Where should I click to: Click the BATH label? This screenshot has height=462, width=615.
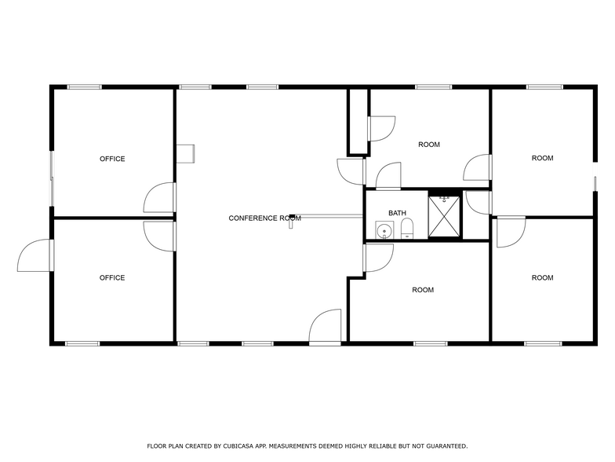(397, 213)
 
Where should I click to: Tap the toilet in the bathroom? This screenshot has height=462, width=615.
(406, 229)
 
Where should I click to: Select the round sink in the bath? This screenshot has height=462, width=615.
(384, 230)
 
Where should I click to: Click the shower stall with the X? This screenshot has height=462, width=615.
(444, 215)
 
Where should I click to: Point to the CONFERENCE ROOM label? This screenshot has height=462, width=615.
(264, 218)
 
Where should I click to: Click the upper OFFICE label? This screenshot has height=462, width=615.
(112, 159)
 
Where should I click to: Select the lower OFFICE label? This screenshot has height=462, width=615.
(112, 277)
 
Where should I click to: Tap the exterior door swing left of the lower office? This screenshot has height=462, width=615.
(35, 255)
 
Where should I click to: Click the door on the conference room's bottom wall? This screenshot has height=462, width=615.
(325, 327)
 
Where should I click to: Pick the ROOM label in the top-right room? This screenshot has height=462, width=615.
(542, 158)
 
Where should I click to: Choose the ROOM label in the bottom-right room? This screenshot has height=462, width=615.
(542, 277)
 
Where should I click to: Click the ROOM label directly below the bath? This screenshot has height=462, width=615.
(423, 290)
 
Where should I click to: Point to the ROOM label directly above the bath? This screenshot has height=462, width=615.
(428, 145)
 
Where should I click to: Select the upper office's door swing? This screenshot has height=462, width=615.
(159, 198)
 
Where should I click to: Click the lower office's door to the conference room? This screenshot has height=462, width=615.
(159, 235)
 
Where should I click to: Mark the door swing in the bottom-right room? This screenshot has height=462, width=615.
(511, 232)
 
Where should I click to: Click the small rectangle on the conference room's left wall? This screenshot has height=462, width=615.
(186, 152)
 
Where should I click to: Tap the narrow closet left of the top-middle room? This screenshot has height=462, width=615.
(358, 121)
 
